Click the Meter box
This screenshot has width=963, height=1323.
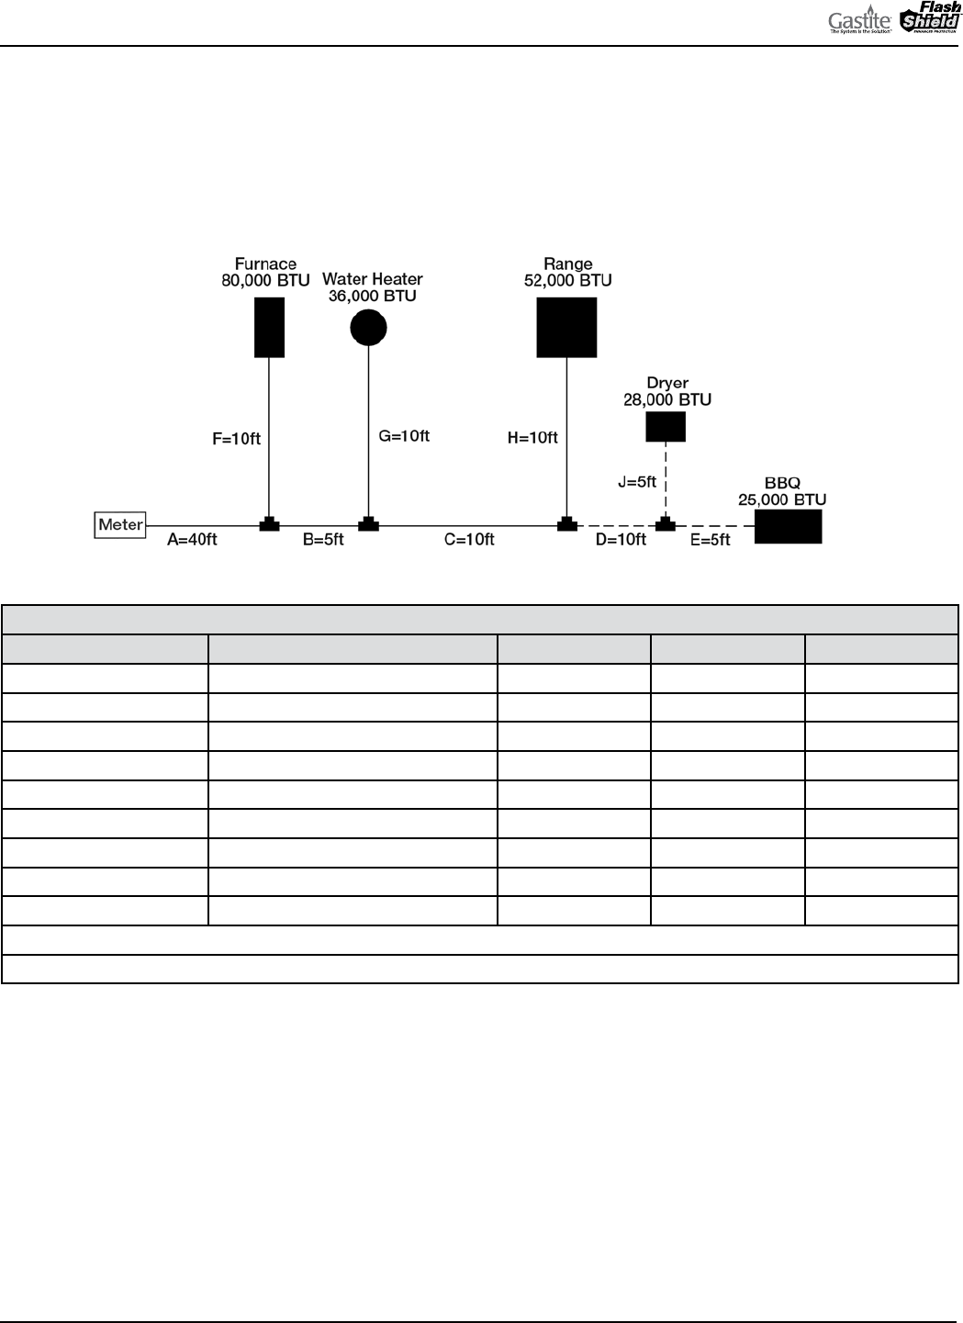point(121,525)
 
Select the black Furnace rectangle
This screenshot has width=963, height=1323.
point(269,327)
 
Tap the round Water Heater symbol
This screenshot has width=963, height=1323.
point(369,327)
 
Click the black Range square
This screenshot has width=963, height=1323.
point(566,327)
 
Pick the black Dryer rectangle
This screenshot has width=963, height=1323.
point(666,426)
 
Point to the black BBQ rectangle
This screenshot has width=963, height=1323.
point(788,526)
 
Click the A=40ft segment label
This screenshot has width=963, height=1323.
point(192,540)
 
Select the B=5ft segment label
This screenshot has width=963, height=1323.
point(323,540)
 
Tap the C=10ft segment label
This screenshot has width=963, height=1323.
point(469,540)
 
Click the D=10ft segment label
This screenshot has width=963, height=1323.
point(621,540)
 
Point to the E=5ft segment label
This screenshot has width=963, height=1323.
point(711,540)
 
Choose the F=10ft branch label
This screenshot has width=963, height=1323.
point(237,439)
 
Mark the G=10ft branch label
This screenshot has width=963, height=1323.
point(404,436)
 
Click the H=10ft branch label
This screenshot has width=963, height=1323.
point(532,438)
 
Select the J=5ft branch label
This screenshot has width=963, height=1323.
point(637,481)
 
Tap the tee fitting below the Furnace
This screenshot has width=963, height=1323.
point(269,524)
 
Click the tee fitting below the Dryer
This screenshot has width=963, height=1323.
point(666,524)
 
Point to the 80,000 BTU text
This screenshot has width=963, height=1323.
point(265,281)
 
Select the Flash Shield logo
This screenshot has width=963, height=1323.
point(930,20)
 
